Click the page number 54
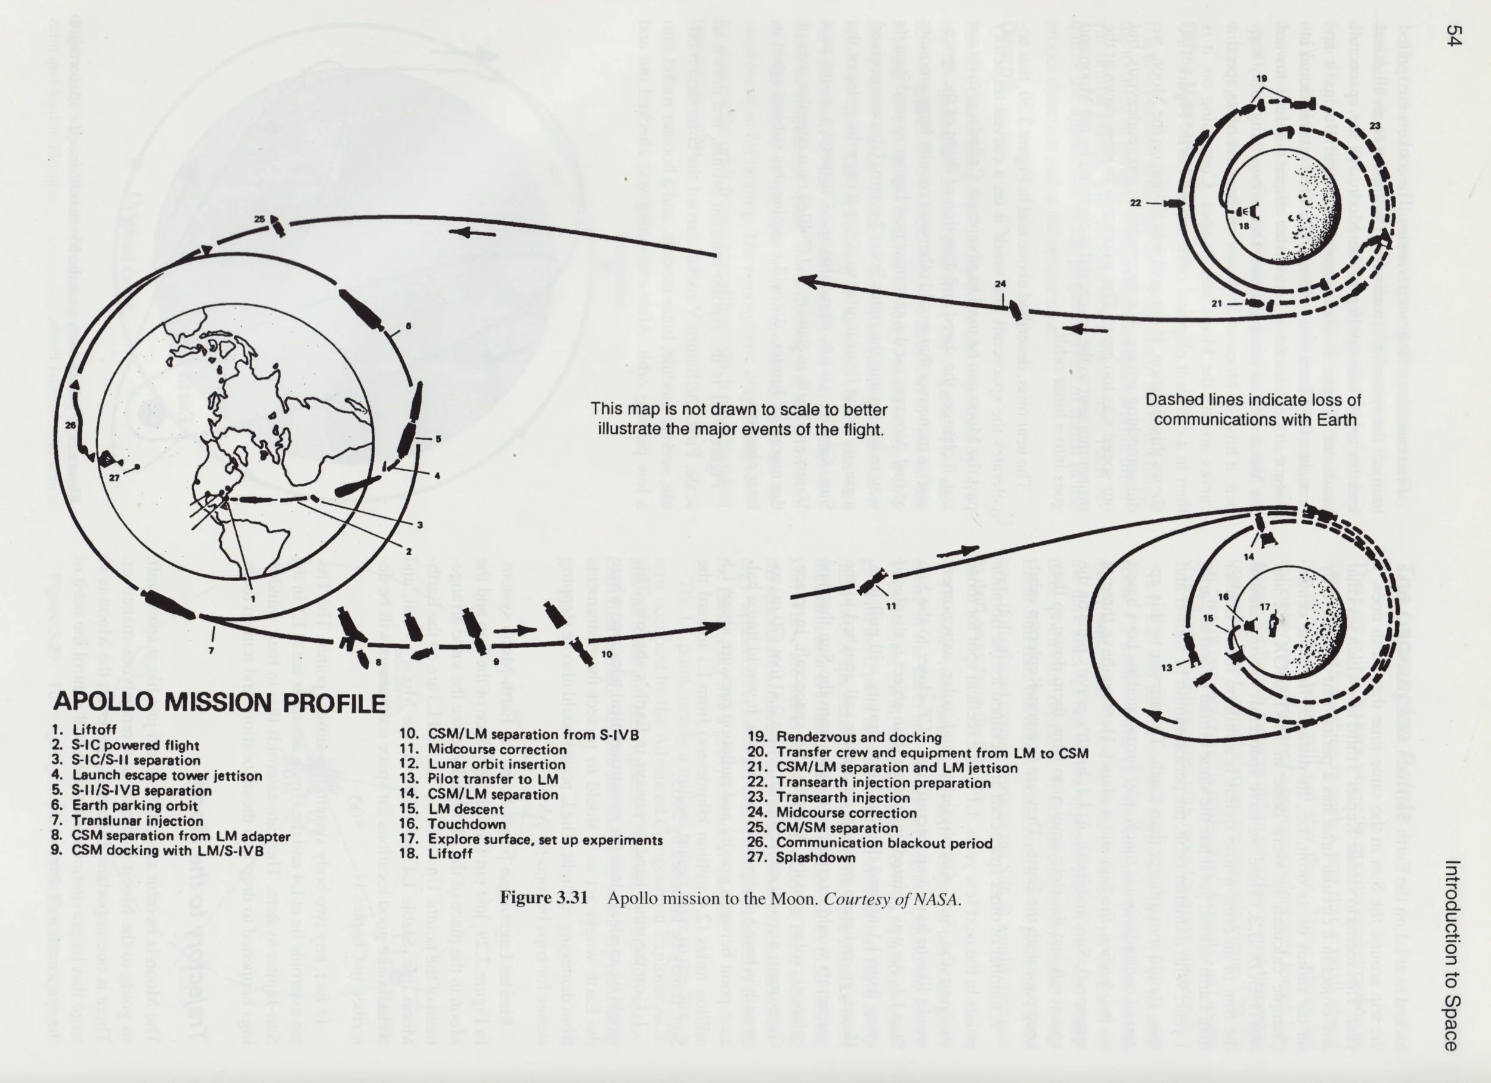click(1453, 36)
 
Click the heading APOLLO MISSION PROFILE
click(219, 702)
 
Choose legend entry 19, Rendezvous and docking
click(845, 737)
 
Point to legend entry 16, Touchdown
click(453, 824)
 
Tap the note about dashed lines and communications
click(1253, 410)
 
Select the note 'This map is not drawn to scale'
click(739, 419)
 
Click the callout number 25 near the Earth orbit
click(259, 219)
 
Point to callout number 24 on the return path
click(1000, 284)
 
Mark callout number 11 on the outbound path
click(890, 606)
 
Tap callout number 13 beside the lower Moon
click(1166, 668)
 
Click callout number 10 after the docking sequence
click(606, 653)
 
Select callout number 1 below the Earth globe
click(253, 599)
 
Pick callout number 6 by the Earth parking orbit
click(409, 326)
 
